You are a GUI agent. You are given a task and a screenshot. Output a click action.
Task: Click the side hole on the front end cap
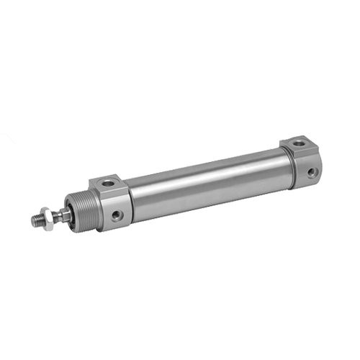[117, 215]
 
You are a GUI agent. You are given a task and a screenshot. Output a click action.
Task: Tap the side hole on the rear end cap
[311, 173]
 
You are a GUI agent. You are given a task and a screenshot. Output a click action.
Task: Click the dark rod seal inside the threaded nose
[67, 215]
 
